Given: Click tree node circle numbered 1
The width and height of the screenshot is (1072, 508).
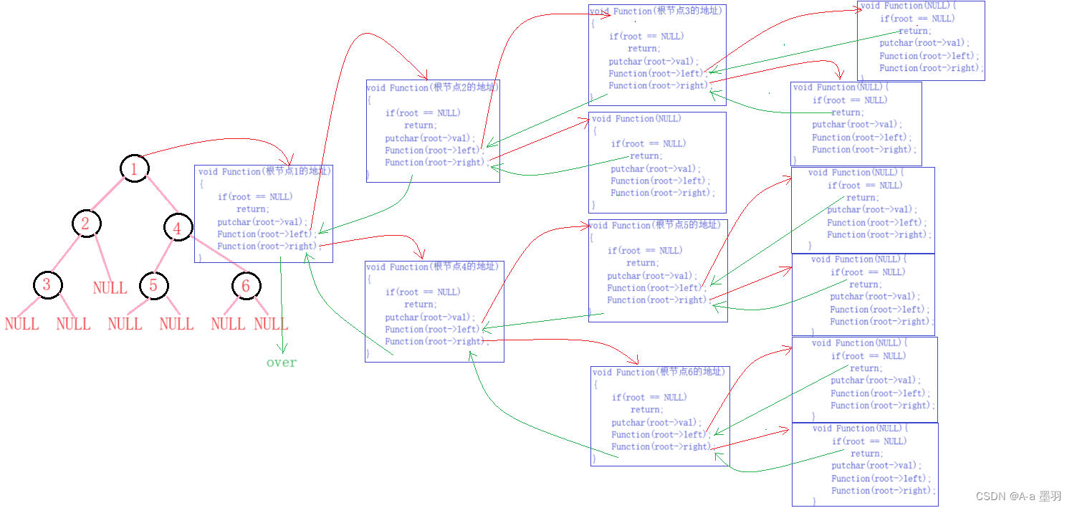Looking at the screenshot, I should click(133, 168).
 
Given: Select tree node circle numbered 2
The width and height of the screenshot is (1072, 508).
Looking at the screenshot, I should click(86, 224).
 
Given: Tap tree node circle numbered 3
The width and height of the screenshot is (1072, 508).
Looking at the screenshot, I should click(47, 285).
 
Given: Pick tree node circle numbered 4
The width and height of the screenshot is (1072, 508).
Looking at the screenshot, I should click(177, 228).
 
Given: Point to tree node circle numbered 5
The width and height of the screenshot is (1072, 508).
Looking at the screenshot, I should click(153, 285).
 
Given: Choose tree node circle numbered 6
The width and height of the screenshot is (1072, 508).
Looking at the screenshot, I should click(246, 286).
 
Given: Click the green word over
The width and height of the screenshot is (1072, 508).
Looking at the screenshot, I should click(281, 363).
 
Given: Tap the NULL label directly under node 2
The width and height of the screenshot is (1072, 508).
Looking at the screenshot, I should click(110, 288).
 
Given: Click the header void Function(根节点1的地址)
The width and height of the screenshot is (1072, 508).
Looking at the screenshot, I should click(264, 171).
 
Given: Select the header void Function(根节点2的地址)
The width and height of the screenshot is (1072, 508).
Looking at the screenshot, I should click(432, 87).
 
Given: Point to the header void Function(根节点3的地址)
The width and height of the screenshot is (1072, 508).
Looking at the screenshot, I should click(656, 11).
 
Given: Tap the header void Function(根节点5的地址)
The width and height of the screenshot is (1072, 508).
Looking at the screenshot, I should click(654, 225).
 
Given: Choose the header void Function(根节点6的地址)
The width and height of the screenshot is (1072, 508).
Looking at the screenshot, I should click(659, 372).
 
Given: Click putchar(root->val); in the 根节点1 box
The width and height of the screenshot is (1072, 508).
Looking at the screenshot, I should click(262, 222).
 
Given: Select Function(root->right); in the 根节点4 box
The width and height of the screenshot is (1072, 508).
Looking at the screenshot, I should click(436, 342).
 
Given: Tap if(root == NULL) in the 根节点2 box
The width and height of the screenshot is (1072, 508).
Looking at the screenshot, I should click(423, 112).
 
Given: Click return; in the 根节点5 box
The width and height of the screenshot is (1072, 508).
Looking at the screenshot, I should click(642, 263).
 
